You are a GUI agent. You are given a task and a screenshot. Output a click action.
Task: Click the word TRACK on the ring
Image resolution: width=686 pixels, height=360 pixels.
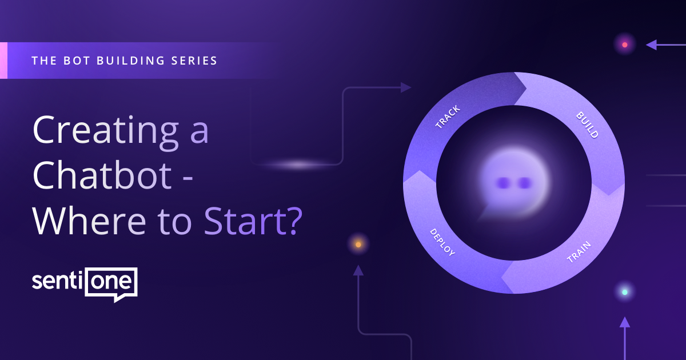[x=448, y=117]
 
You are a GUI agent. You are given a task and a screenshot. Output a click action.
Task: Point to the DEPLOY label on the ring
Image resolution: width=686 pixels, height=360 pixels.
[x=442, y=242]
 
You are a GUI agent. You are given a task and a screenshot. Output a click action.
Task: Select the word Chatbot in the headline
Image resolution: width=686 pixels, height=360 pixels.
[x=102, y=177]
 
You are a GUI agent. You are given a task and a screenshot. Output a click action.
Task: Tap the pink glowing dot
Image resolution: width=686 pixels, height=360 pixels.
[x=625, y=45]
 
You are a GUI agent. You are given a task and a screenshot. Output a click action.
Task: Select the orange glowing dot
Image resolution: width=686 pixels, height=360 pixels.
[x=358, y=245]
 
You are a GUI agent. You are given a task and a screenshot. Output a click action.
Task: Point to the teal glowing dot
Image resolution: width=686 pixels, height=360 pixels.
[x=625, y=292]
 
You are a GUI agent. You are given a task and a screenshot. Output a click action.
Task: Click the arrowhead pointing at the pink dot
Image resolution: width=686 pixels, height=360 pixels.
[x=651, y=45]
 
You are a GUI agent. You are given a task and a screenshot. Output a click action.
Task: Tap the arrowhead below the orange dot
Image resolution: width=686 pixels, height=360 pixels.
[x=358, y=270]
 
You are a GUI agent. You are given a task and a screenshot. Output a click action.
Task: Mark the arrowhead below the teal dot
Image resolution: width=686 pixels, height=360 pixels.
[x=625, y=322]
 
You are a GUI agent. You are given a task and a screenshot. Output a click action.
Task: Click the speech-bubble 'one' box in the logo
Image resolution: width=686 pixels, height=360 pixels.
[x=111, y=282]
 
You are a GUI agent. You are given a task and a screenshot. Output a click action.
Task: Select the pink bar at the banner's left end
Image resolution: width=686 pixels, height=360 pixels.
[x=3, y=60]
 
